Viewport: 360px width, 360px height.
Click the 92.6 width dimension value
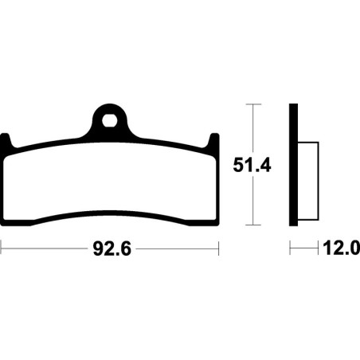pyautogui.click(x=112, y=249)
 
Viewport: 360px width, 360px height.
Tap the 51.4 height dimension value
pyautogui.click(x=252, y=165)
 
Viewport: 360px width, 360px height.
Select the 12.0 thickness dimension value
pyautogui.click(x=342, y=248)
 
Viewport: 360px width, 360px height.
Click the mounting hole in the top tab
pyautogui.click(x=110, y=121)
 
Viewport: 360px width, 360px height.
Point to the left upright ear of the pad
pyautogui.click(x=6, y=140)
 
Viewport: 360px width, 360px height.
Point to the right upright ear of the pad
pyautogui.click(x=214, y=140)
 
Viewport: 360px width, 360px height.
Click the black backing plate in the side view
pyautogui.click(x=293, y=165)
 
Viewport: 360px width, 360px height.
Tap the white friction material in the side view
pyautogui.click(x=308, y=182)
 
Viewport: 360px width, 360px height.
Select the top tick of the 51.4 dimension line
pyautogui.click(x=253, y=104)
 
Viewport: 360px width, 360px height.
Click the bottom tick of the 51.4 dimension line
pyautogui.click(x=253, y=225)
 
